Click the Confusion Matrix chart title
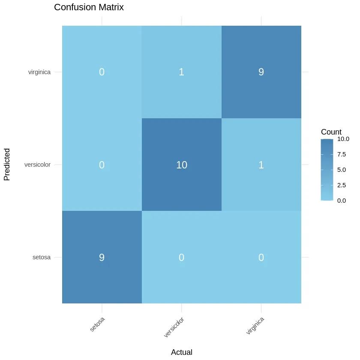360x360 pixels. pyautogui.click(x=89, y=8)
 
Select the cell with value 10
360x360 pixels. pyautogui.click(x=182, y=165)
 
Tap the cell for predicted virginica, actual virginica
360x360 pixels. pyautogui.click(x=261, y=72)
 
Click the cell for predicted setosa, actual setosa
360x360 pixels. pyautogui.click(x=102, y=258)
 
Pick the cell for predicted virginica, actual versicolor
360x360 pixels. pyautogui.click(x=182, y=72)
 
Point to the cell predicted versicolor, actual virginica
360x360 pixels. pyautogui.click(x=261, y=165)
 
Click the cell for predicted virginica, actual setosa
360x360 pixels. pyautogui.click(x=102, y=72)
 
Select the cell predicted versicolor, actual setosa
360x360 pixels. pyautogui.click(x=102, y=165)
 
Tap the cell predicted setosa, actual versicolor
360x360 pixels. pyautogui.click(x=182, y=258)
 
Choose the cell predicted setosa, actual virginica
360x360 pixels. pyautogui.click(x=261, y=258)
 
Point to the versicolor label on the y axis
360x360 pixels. pyautogui.click(x=37, y=165)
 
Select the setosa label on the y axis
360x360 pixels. pyautogui.click(x=42, y=258)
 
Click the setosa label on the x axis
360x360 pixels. pyautogui.click(x=97, y=324)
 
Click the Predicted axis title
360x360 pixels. pyautogui.click(x=7, y=165)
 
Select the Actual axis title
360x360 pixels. pyautogui.click(x=182, y=352)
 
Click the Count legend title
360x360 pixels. pyautogui.click(x=331, y=132)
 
